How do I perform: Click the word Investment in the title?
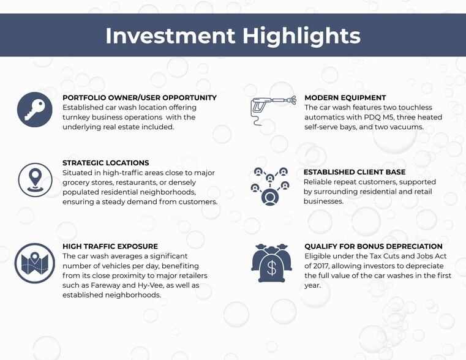170,36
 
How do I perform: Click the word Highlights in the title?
301,36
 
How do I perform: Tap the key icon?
35,110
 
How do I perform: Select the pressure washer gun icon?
274,110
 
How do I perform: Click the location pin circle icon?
35,180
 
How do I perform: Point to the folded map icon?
35,263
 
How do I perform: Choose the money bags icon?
271,263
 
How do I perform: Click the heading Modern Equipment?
345,98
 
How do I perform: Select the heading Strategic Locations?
106,163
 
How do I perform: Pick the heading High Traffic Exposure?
110,246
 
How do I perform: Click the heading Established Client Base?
355,172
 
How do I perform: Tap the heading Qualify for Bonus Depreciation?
374,246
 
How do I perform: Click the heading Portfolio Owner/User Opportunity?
140,98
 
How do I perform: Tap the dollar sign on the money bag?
271,268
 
